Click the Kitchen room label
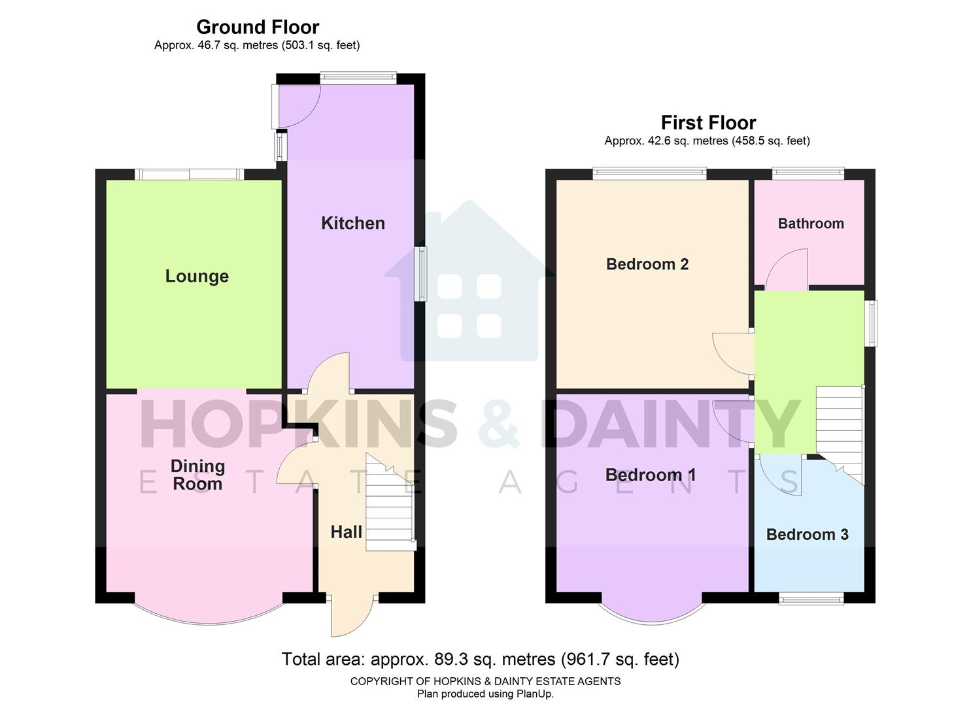tap(352, 223)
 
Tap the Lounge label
tap(197, 276)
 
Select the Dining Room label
tap(197, 475)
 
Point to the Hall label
tap(346, 531)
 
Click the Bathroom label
tap(810, 224)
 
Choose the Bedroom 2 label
tap(647, 264)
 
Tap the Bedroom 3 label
tap(807, 534)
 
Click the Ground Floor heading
tap(258, 27)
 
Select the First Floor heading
tap(708, 123)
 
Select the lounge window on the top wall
tap(190, 174)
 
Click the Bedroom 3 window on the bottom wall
tap(810, 598)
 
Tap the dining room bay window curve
tap(209, 618)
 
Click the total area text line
tap(480, 659)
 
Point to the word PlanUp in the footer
tap(534, 694)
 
